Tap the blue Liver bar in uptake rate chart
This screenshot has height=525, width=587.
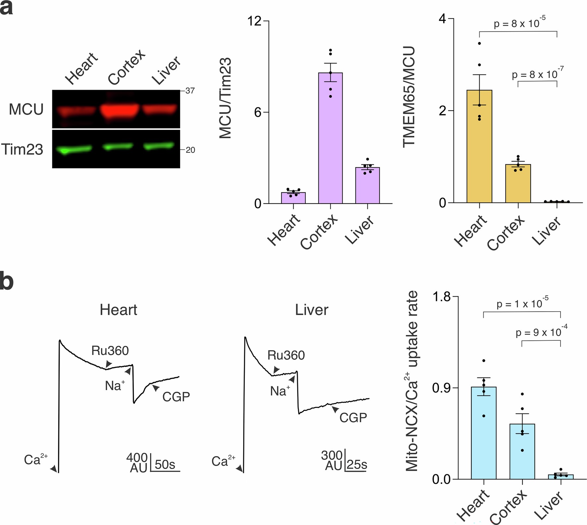tap(560, 477)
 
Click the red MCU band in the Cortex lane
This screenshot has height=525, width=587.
tap(120, 111)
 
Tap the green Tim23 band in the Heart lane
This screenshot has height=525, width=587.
tap(74, 150)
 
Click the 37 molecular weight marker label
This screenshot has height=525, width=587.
tap(190, 91)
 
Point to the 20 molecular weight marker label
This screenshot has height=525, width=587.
tap(190, 150)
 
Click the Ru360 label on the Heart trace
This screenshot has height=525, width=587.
tap(110, 351)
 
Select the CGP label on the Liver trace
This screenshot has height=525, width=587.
tap(353, 418)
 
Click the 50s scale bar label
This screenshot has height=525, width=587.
tap(165, 465)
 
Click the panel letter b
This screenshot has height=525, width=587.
tap(7, 281)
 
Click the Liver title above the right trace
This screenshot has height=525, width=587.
tap(311, 310)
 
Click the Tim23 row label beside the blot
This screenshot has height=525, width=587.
tap(22, 149)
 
